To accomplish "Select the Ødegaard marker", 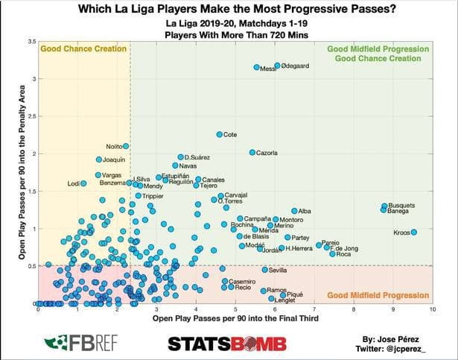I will coord(277,66).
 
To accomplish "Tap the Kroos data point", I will coord(413,233).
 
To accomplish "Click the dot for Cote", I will coord(220,135).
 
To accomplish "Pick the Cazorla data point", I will coord(252,152).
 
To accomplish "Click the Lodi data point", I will coord(83,183).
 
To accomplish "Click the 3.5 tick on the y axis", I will coord(31,40).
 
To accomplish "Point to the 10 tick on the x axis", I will coord(432,309).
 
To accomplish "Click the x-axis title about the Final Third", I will coord(235,318).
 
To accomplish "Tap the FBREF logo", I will coord(73,343).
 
